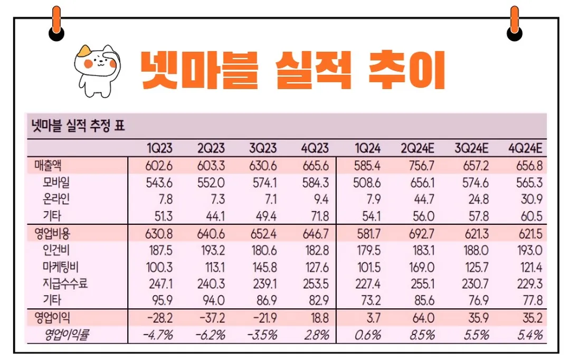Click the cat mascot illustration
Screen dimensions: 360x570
96,71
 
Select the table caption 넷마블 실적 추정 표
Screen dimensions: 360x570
77,127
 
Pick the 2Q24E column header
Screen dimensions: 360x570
417,148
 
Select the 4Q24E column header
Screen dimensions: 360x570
526,148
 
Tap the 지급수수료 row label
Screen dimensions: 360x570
65,285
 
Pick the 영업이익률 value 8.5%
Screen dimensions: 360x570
421,335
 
